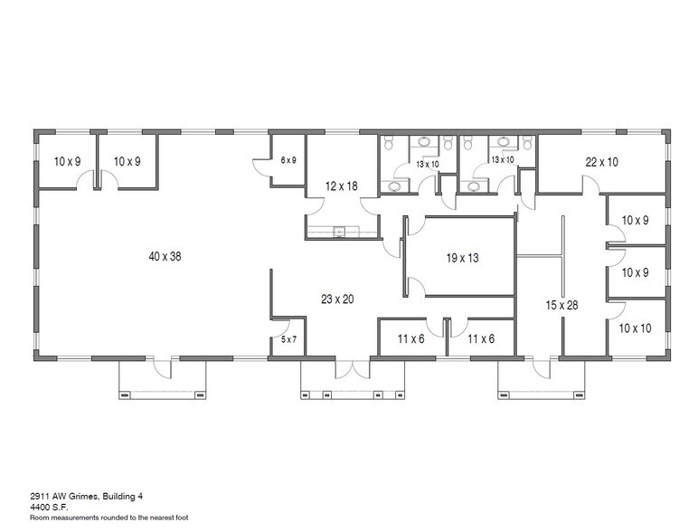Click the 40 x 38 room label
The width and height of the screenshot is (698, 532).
coord(165,256)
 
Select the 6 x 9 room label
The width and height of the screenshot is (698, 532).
coord(288,160)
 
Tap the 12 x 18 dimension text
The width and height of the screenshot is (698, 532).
coord(341,186)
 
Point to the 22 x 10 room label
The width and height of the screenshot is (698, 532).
coord(601,162)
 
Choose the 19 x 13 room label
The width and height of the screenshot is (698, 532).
coord(462,258)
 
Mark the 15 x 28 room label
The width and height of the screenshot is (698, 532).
coord(561,306)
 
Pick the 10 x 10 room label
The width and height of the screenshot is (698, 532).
coord(635,328)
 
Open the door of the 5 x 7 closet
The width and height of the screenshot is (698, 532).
coord(281,323)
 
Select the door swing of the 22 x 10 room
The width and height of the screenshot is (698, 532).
coord(589,185)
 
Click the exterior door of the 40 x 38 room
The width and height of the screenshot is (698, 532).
coord(160,366)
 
